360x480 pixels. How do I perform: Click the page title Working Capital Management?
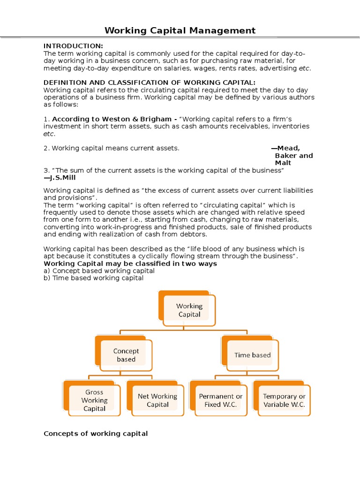tap(180, 31)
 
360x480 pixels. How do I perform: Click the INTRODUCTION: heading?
tap(73, 45)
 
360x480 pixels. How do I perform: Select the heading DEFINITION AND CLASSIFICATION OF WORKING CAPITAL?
tap(150, 82)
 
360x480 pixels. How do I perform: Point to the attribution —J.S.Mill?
tap(60, 178)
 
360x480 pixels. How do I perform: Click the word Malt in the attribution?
tap(283, 163)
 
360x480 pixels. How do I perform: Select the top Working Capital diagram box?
tap(189, 310)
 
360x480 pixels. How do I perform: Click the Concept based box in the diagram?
tap(126, 355)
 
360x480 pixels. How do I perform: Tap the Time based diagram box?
tap(252, 355)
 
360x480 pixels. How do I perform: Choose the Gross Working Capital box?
tap(94, 400)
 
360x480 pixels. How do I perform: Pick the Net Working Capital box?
tap(157, 400)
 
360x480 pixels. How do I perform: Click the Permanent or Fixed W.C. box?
tap(220, 400)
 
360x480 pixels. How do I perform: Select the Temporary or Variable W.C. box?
tap(284, 400)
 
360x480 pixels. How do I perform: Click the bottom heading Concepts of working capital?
tap(96, 434)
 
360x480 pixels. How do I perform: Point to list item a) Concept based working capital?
tap(99, 271)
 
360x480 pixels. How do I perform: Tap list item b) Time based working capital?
tap(93, 278)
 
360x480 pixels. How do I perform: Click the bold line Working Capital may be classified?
tap(130, 263)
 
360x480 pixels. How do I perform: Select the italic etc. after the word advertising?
tap(304, 68)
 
